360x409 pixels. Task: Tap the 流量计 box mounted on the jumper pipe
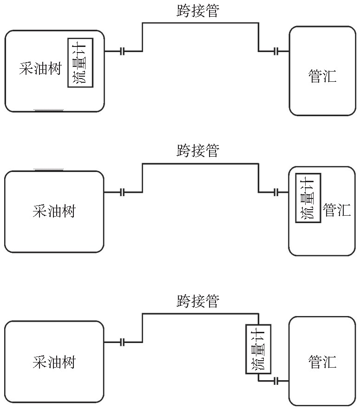[258, 350]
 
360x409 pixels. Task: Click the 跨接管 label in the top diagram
[197, 11]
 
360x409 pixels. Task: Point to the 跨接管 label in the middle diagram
[197, 151]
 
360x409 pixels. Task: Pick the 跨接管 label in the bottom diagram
[197, 301]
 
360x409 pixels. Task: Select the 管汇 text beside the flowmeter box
[337, 210]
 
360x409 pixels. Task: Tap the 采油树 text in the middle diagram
[54, 211]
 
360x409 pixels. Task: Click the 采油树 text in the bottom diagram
[54, 362]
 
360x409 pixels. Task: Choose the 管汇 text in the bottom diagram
[322, 362]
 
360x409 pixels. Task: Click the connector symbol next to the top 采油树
[123, 51]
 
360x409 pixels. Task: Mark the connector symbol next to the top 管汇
[276, 51]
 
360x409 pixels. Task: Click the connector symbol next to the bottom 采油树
[123, 343]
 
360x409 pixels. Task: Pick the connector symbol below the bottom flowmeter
[276, 381]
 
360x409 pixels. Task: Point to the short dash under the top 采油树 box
[48, 111]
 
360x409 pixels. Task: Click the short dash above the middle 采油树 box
[48, 171]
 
